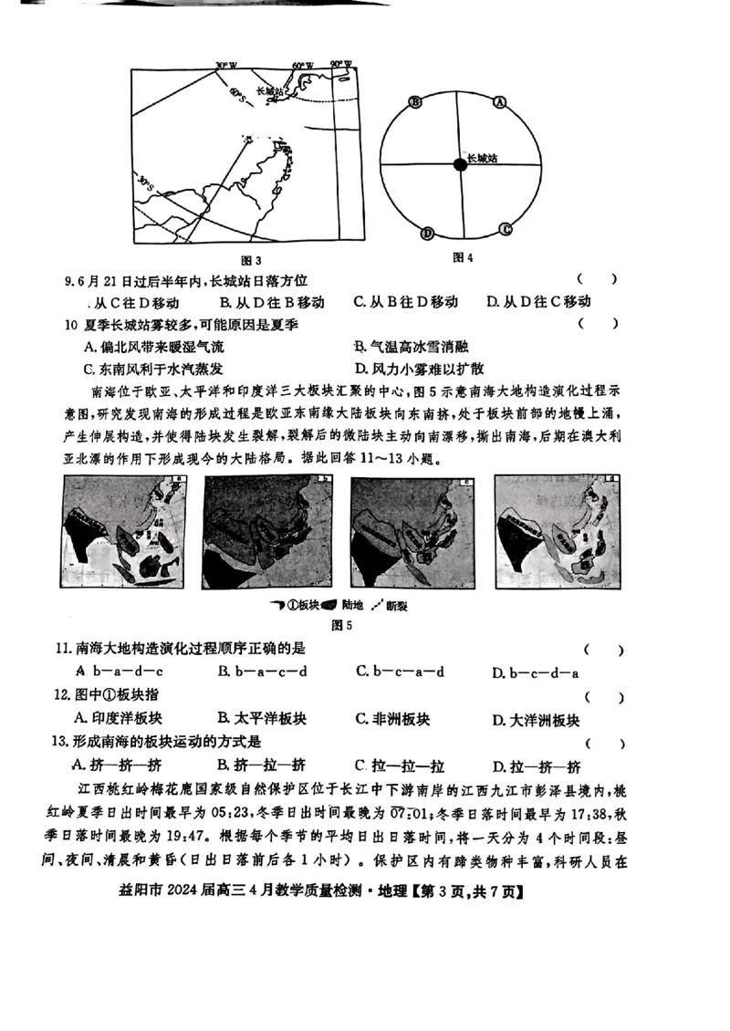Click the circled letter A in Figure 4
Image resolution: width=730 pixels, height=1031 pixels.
coord(499,103)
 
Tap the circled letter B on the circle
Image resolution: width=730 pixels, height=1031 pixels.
coord(415,102)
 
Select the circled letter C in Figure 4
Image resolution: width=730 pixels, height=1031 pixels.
coord(505,228)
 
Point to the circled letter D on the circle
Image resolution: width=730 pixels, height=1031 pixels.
coord(426,234)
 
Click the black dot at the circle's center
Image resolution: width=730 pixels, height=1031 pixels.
coord(459,164)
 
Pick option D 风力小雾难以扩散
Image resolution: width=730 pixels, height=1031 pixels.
coord(420,370)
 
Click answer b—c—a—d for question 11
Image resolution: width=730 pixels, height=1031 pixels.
coord(400,672)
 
